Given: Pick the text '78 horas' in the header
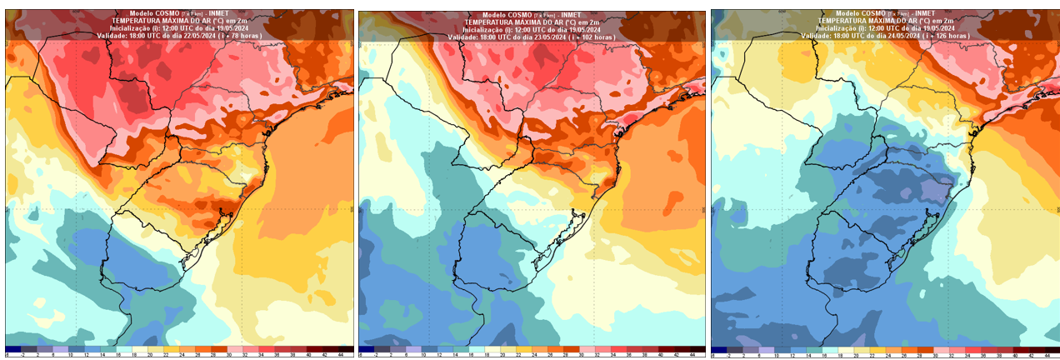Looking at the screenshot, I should point(245,36).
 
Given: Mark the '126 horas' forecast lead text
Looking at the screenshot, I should point(953,36).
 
